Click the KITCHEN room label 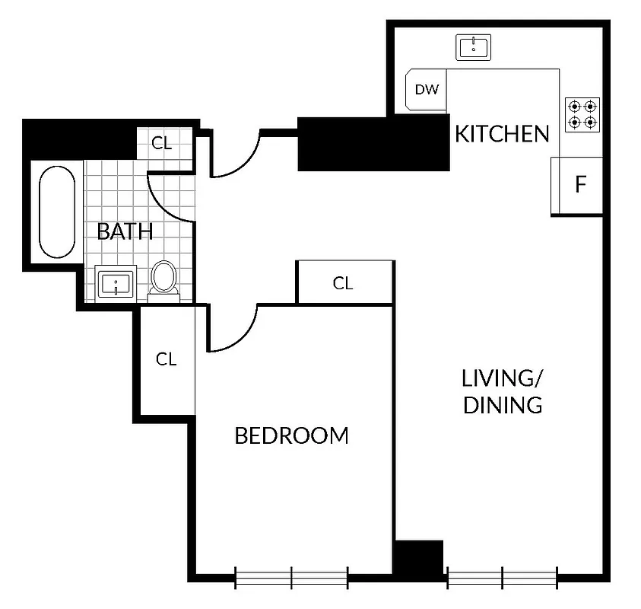501,134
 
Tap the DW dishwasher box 427,90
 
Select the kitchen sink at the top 474,47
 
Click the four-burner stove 583,114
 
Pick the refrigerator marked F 579,185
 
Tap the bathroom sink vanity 116,284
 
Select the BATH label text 125,231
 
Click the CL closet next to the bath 163,142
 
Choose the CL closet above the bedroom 344,283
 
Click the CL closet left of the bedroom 167,359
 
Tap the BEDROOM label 291,436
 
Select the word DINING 503,405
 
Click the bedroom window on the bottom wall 291,578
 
